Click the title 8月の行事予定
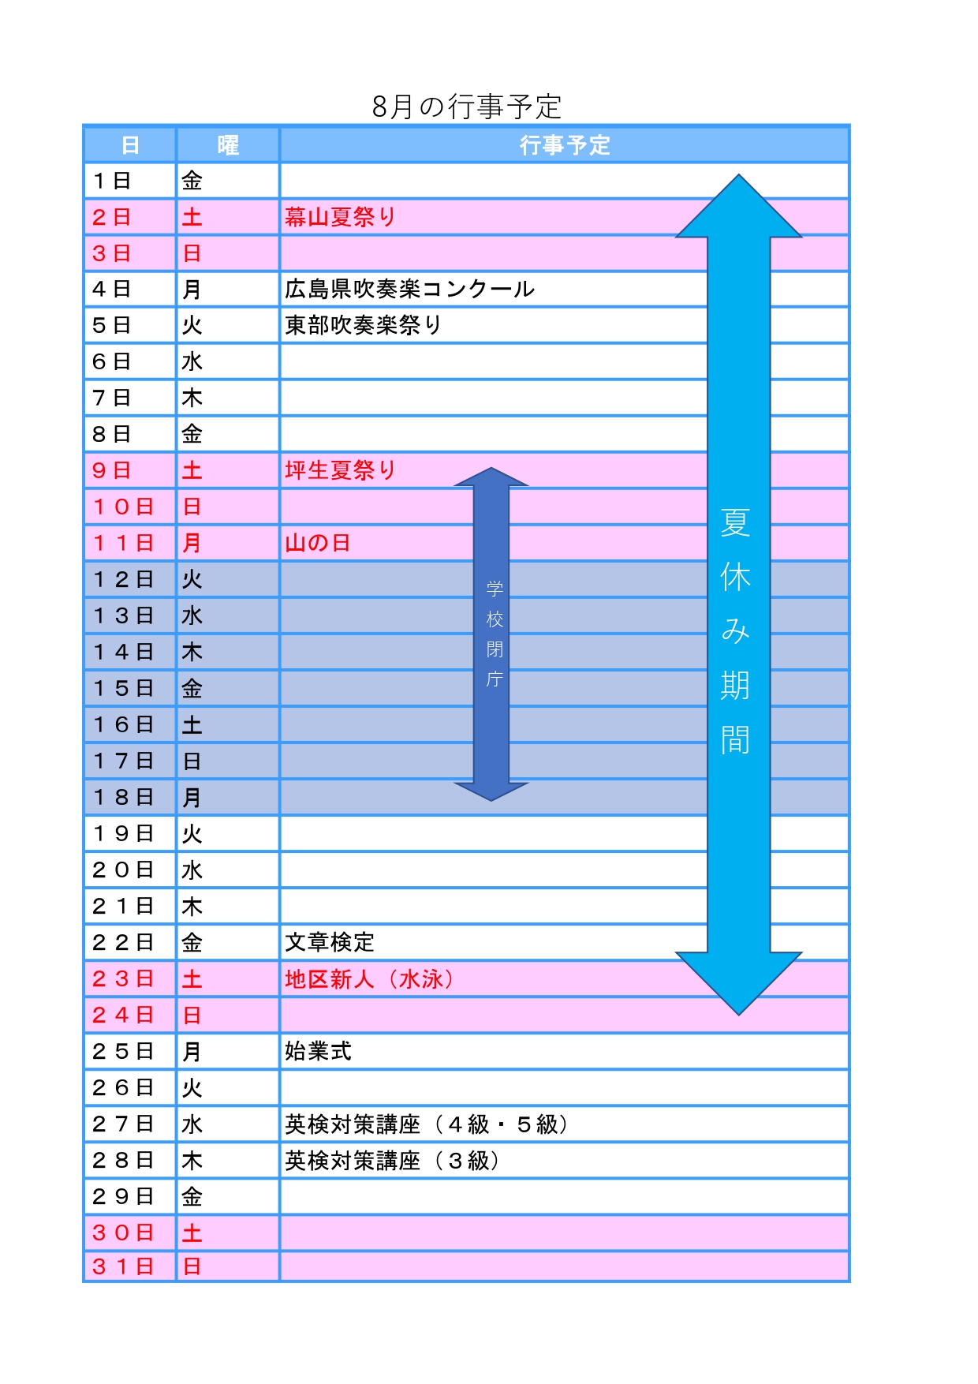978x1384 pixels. pos(467,107)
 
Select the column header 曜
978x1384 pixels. pos(228,145)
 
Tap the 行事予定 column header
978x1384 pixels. pos(565,145)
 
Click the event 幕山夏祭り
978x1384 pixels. pos(340,217)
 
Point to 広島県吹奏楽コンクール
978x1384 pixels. pos(409,290)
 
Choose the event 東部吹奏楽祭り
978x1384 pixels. pos(363,325)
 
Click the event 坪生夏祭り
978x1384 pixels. pos(340,470)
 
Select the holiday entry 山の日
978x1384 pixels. pos(317,543)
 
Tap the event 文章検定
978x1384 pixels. pos(329,942)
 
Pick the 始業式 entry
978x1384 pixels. pos(318,1051)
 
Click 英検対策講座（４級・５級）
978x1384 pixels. pos(427,1124)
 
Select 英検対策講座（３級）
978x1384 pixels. pos(392,1161)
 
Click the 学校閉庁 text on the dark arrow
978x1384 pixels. pos(495,634)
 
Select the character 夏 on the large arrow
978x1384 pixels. pos(735,523)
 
